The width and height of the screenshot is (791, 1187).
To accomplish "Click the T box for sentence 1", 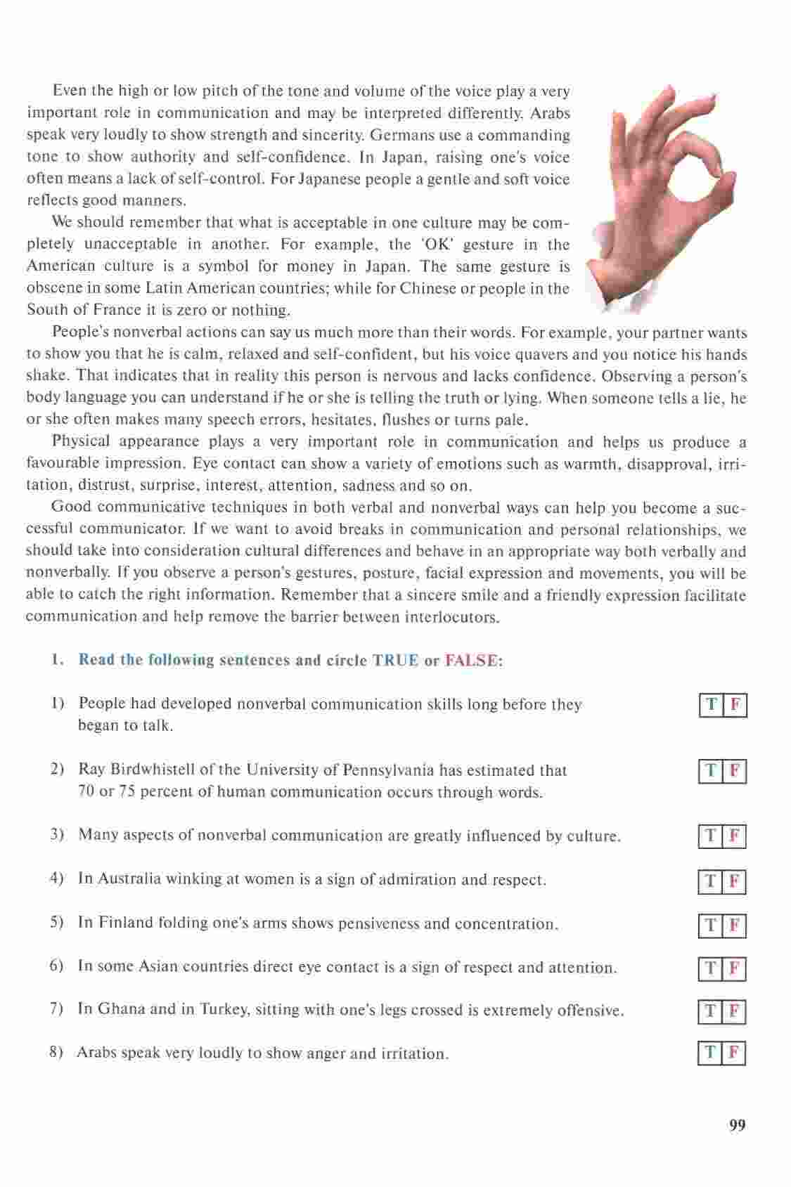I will pyautogui.click(x=712, y=705).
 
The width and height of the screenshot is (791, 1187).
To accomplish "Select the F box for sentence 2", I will pyautogui.click(x=735, y=772).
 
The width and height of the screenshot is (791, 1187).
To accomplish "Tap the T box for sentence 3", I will pyautogui.click(x=711, y=836).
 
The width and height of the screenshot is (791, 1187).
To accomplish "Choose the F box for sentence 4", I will pyautogui.click(x=734, y=881).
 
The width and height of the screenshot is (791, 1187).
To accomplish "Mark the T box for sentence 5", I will pyautogui.click(x=711, y=926).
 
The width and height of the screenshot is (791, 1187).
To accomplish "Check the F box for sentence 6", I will pyautogui.click(x=734, y=969).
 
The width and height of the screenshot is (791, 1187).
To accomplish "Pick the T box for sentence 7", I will pyautogui.click(x=711, y=1012).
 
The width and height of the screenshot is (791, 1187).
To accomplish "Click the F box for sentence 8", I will pyautogui.click(x=734, y=1053).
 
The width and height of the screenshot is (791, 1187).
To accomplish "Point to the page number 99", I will pyautogui.click(x=737, y=1126).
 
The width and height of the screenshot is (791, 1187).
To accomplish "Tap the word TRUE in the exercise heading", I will pyautogui.click(x=395, y=661).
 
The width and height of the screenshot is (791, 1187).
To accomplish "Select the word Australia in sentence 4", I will pyautogui.click(x=129, y=879).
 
